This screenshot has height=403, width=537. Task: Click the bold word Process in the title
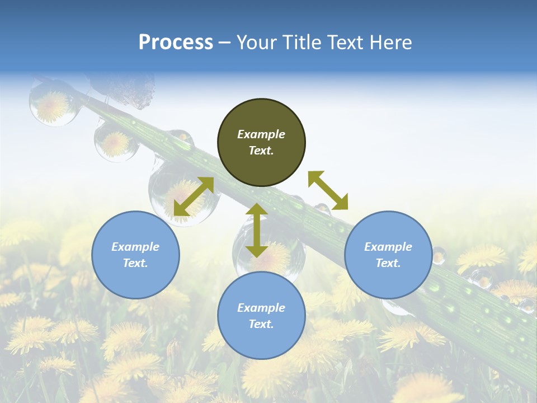[x=176, y=43]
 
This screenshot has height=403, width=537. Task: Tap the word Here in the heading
[x=390, y=43]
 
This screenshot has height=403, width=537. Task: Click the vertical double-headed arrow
[x=257, y=230]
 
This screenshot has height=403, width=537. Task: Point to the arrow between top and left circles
[x=194, y=196]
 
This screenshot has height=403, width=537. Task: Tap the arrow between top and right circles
[x=328, y=190]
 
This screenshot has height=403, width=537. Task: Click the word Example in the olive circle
[x=261, y=134]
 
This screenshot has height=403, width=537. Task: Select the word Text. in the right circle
[x=388, y=263]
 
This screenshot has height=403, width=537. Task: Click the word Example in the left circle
[x=135, y=247]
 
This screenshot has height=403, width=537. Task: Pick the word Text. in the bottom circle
[x=261, y=324]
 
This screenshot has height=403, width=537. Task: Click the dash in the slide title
[x=224, y=43]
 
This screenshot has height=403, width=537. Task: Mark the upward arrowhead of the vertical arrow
[x=257, y=209]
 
